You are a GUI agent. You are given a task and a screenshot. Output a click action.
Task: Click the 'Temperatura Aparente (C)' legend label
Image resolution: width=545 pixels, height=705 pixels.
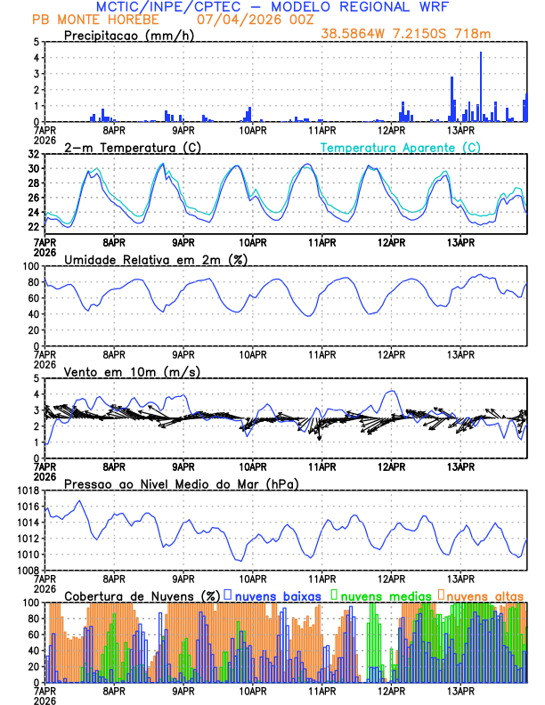coord(401,147)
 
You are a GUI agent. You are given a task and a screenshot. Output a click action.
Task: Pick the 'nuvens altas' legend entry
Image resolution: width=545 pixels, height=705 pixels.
coord(484,596)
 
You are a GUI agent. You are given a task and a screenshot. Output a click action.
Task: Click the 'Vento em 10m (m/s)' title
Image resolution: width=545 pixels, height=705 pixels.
coord(132,371)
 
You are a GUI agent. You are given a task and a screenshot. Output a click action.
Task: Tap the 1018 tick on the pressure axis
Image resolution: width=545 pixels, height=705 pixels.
coord(28,490)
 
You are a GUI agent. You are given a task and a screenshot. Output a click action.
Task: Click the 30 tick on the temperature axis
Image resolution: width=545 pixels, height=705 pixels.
coord(33,168)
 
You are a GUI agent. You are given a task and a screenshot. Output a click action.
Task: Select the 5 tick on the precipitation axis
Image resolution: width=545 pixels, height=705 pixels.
coord(36,42)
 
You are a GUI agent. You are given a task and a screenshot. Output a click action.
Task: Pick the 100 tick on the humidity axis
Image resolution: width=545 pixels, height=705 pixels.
coord(30,266)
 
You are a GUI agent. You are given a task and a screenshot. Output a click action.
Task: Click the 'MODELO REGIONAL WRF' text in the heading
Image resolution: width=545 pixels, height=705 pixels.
coord(383,6)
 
